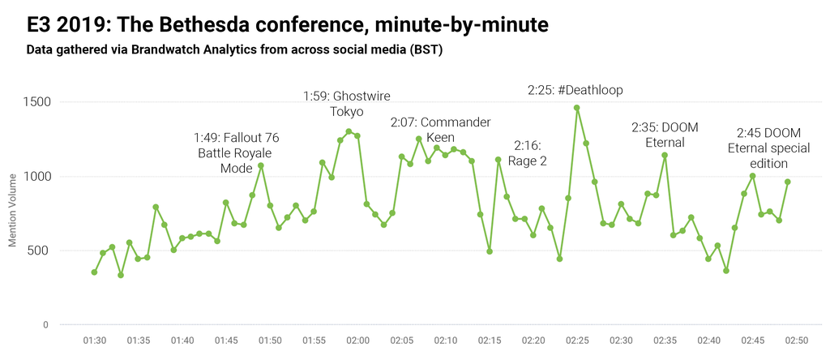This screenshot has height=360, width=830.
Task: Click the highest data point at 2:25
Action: click(577, 108)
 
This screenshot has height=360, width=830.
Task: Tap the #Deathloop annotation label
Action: click(575, 90)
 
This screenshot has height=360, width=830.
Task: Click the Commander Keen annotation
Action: click(440, 130)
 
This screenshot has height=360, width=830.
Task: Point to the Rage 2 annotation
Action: click(527, 152)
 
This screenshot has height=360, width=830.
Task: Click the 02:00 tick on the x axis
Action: click(357, 341)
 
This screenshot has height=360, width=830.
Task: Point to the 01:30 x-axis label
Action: click(95, 341)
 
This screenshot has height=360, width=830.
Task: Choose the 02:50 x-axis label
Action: click(796, 341)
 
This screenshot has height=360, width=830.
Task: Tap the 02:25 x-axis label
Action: click(577, 341)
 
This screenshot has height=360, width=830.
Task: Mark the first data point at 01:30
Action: click(94, 272)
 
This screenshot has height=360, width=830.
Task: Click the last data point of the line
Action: click(787, 182)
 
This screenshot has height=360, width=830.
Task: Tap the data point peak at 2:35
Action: click(665, 155)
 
